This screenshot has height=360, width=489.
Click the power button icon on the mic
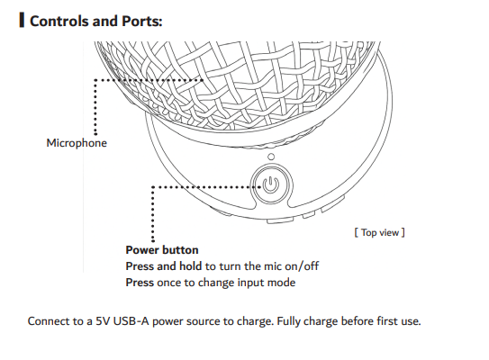[270, 184]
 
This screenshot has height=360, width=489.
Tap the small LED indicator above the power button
[271, 157]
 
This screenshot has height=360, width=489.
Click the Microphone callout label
[77, 143]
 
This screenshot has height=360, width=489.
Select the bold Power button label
[162, 250]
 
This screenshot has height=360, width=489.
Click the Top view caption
[379, 232]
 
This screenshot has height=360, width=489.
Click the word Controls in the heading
[59, 22]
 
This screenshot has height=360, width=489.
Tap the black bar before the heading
[22, 20]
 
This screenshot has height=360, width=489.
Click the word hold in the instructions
[190, 266]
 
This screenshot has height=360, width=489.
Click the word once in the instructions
[169, 283]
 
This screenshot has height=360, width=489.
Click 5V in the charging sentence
[103, 321]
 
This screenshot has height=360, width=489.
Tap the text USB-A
[131, 321]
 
